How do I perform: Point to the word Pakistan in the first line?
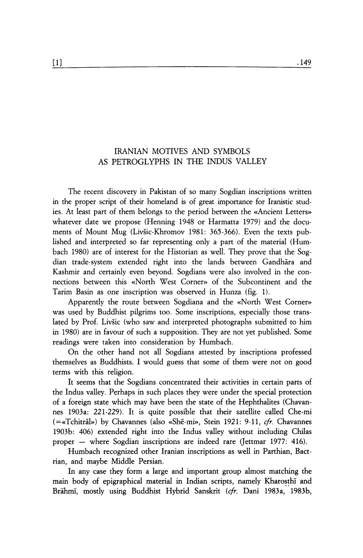(x=167, y=192)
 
